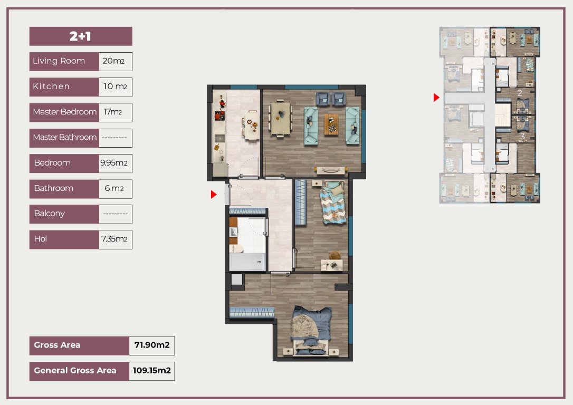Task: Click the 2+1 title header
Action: point(81,36)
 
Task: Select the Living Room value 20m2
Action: point(113,61)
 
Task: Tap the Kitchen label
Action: point(51,86)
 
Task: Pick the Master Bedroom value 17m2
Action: point(112,112)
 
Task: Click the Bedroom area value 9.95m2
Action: point(114,163)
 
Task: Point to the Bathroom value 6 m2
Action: point(114,188)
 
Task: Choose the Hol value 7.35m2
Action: point(114,239)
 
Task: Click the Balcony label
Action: point(50,213)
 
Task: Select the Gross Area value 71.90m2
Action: point(151,345)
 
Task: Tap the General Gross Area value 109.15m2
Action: point(151,370)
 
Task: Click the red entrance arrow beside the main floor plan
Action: point(214,194)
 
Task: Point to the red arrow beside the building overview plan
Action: point(436,98)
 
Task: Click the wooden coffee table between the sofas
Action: point(331,124)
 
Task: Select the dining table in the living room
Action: point(280,118)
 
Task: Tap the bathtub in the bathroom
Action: point(247,262)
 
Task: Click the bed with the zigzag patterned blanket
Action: point(332,202)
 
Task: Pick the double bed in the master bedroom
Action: point(311,331)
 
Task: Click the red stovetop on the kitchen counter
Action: point(219,116)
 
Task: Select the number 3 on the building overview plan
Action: point(522,136)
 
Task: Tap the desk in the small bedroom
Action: point(332,265)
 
